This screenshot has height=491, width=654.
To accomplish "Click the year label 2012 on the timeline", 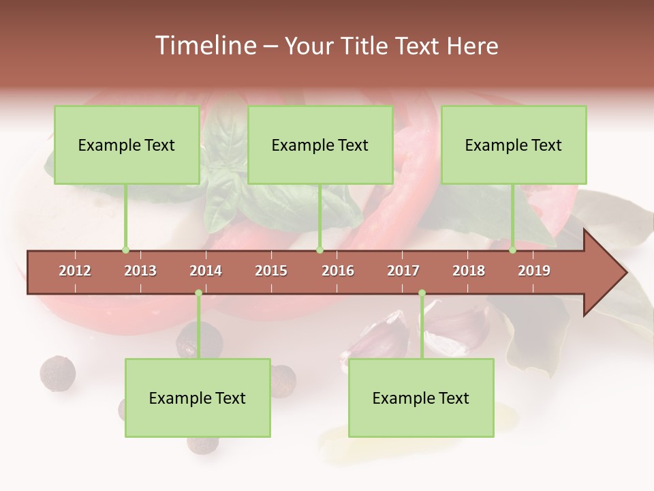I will click(75, 271).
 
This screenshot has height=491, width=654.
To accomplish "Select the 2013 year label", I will click(140, 271).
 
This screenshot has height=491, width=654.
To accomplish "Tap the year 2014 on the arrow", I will click(206, 271).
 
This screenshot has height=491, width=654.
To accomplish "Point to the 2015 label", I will click(271, 271).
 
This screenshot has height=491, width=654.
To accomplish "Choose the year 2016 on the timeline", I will click(338, 271).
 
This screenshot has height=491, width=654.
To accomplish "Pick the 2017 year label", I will click(403, 271).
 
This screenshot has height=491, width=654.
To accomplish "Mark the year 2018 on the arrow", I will click(469, 271).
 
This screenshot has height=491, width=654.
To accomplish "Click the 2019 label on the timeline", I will click(534, 271).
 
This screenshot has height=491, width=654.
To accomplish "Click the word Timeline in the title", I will click(204, 46).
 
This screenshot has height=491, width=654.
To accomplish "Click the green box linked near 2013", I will click(127, 145).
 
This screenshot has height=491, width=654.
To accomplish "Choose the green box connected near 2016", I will click(320, 145).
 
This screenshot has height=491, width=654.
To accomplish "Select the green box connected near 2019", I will click(514, 145).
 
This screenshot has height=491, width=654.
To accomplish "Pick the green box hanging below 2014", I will click(198, 398).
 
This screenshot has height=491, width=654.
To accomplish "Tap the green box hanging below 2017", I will click(421, 398).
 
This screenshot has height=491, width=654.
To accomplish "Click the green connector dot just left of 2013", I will click(125, 250).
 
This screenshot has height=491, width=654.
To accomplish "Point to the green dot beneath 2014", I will click(198, 293).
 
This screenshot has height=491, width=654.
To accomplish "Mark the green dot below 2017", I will click(422, 293).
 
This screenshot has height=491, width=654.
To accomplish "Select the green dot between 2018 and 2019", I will click(512, 250).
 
